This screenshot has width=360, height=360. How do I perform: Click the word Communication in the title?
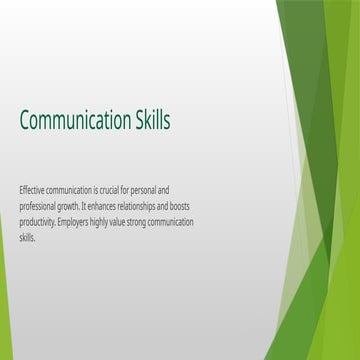(74, 121)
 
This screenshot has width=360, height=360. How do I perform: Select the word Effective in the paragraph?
(32, 190)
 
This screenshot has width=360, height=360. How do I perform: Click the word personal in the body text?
(158, 190)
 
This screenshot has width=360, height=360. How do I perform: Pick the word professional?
(39, 206)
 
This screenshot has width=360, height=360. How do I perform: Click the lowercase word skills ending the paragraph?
(27, 238)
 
